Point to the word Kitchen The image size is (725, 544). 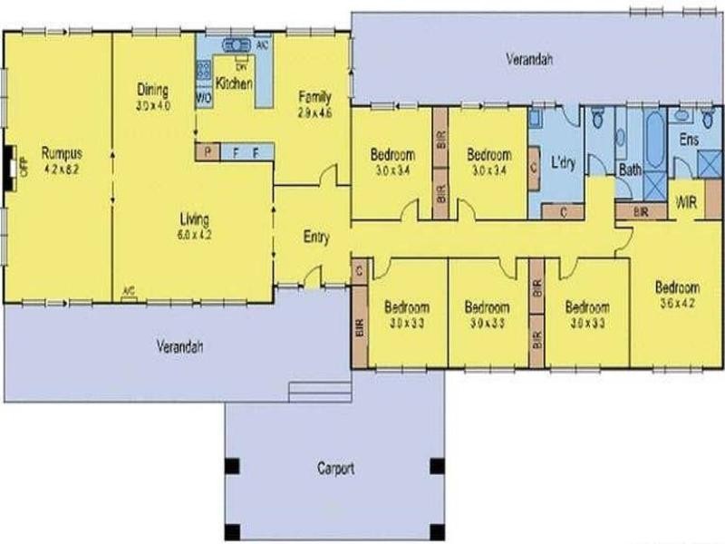233,85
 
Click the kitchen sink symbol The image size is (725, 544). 237,45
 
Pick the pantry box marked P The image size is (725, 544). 207,152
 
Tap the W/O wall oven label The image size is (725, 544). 204,96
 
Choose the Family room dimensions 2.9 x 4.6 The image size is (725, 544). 315,113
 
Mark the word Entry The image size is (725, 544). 315,238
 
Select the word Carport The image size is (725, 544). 335,470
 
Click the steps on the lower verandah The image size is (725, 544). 319,391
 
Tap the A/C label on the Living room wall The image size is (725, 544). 129,292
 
